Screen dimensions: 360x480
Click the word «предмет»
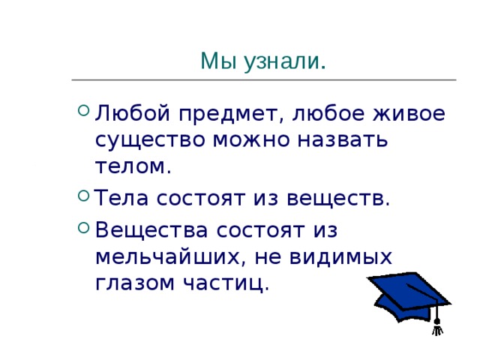click(232, 114)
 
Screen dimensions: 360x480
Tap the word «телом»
click(133, 166)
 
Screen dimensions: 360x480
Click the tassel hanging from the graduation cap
click(436, 322)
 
